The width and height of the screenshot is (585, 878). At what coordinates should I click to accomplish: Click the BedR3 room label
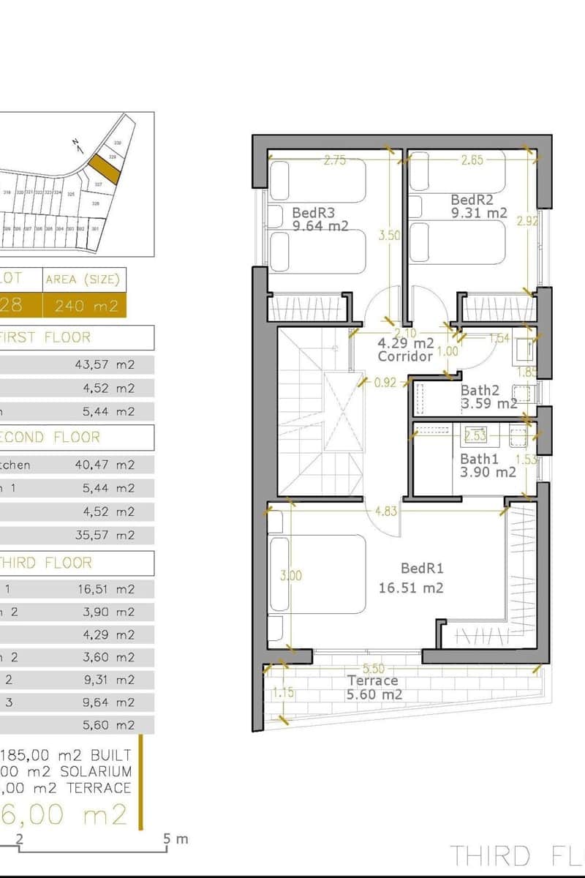(314, 213)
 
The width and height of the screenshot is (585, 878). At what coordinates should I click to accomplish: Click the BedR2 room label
(472, 200)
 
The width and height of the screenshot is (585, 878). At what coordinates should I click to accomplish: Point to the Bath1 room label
(479, 459)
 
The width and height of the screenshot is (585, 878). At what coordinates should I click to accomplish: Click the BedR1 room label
(422, 569)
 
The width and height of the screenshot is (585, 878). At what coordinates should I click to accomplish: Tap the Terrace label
(372, 681)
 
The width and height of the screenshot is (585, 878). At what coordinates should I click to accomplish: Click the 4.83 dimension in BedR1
(385, 511)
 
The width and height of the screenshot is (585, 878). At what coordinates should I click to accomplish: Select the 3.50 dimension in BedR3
(389, 236)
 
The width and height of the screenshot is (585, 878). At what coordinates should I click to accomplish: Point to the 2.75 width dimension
(334, 161)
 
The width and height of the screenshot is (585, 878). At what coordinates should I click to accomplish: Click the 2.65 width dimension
(472, 160)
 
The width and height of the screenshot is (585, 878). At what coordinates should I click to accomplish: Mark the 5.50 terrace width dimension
(374, 668)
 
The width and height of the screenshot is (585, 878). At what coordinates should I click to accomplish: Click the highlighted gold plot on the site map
(105, 169)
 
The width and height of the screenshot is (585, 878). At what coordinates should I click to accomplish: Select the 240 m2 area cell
(84, 305)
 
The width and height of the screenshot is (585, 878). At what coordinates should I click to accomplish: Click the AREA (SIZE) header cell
(84, 279)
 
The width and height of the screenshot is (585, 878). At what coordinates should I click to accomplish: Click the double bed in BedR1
(318, 574)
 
